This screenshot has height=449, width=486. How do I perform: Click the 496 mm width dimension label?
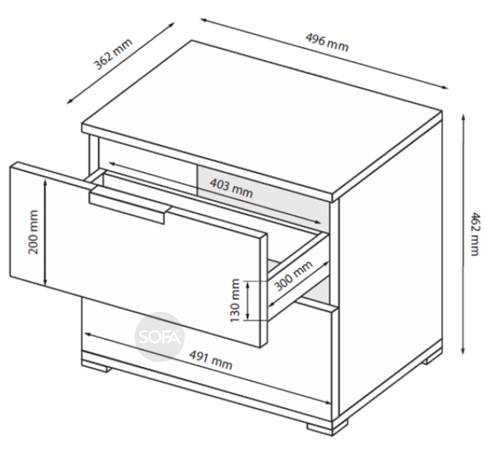326,43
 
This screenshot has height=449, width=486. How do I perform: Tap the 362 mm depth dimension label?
113,54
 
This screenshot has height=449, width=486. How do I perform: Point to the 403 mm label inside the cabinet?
231,188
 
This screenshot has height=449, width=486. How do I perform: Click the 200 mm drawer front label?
33,232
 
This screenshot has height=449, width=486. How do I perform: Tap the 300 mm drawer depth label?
294,276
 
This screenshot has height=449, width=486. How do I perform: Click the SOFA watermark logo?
160,337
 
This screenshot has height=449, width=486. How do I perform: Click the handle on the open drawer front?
130,204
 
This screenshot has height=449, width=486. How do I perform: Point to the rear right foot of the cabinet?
434,360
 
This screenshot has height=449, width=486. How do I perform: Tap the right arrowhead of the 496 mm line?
444,87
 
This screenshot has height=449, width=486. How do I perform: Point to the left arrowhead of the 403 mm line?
112,163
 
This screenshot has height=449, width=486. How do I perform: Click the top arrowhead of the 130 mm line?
247,284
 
